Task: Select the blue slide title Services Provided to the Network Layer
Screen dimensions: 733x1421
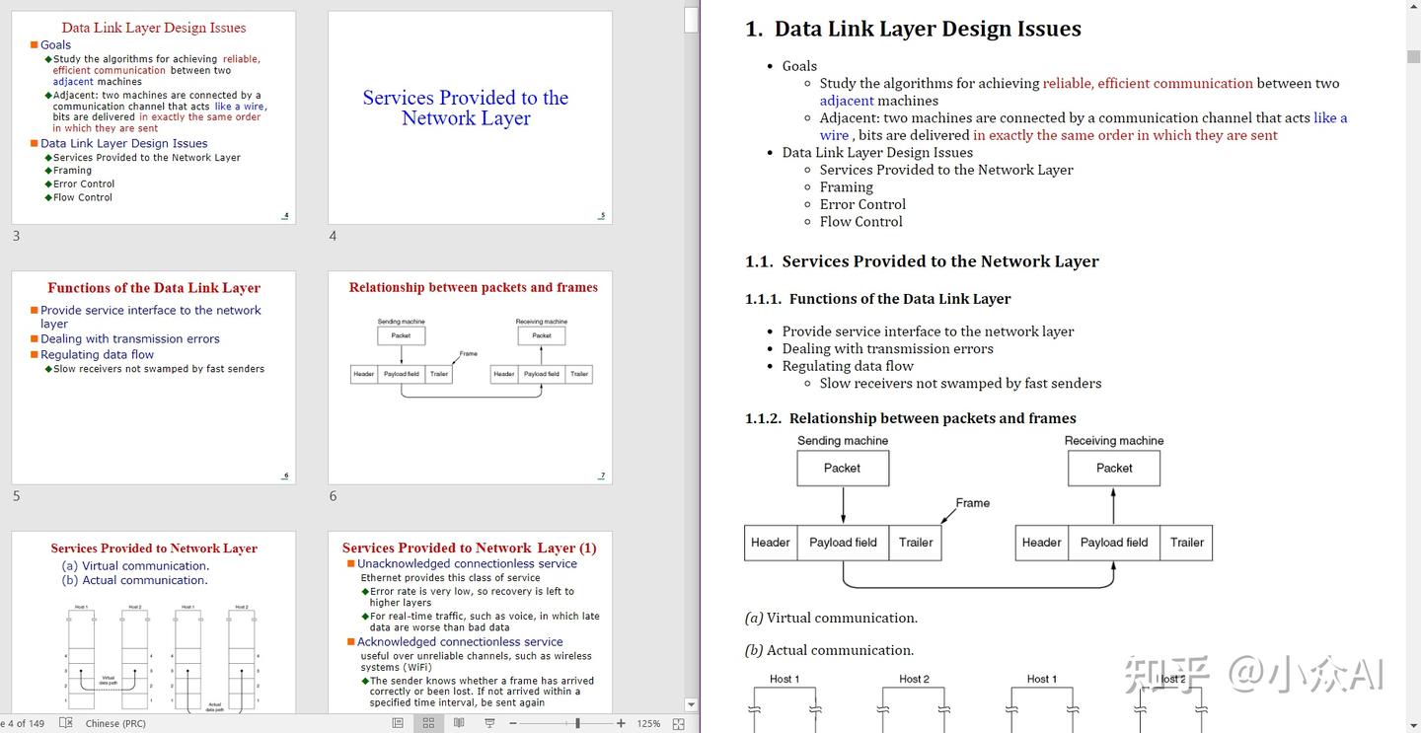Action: coord(466,108)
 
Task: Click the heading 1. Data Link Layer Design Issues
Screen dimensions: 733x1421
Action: coord(913,29)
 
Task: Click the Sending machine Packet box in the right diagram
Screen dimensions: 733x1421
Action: coord(843,468)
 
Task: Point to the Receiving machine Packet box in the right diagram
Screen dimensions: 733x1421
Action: coord(1114,468)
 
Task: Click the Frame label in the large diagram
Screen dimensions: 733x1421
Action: coord(972,503)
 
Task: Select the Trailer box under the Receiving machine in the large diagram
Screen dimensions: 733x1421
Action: coord(1186,543)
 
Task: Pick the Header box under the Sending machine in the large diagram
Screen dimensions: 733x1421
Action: coord(771,543)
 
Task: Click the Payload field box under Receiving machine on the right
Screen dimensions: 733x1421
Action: coord(1114,543)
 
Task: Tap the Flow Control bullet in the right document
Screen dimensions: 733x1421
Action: coord(860,222)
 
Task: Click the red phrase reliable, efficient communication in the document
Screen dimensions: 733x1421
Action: coord(1148,84)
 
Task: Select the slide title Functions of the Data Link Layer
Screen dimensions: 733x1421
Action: coord(154,288)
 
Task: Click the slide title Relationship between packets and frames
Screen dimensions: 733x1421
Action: coord(474,288)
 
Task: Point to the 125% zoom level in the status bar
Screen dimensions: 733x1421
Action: coord(648,723)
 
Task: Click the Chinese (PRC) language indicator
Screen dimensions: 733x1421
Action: coord(115,723)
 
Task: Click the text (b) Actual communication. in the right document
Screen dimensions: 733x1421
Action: coord(829,650)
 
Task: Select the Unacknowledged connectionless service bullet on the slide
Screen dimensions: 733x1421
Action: coord(467,564)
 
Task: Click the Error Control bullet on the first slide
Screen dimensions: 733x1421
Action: coord(84,184)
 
